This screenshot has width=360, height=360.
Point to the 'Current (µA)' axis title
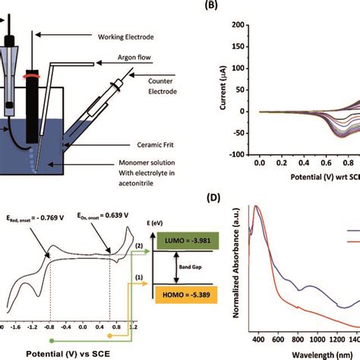223,89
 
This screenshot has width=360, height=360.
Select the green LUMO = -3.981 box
188,242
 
